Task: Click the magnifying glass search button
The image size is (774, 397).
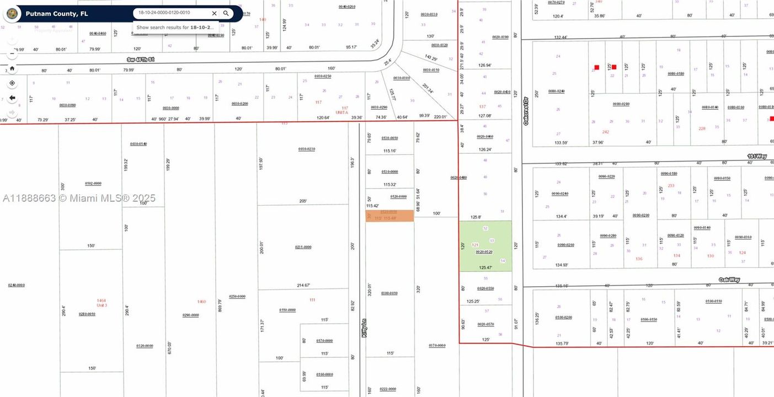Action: pyautogui.click(x=226, y=13)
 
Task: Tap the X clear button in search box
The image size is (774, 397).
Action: pyautogui.click(x=214, y=13)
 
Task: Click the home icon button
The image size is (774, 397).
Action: pyautogui.click(x=12, y=68)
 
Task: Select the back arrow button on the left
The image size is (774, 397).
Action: pyautogui.click(x=12, y=98)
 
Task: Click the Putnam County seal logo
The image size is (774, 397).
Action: pyautogui.click(x=12, y=13)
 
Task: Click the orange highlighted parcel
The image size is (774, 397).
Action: pyautogui.click(x=389, y=216)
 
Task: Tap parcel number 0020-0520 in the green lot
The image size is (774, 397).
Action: pyautogui.click(x=484, y=252)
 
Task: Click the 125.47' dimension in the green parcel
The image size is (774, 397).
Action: pyautogui.click(x=485, y=267)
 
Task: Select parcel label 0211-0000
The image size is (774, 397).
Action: pyautogui.click(x=303, y=247)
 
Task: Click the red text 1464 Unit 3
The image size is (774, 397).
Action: pyautogui.click(x=102, y=303)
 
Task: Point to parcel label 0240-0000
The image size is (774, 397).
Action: pyautogui.click(x=16, y=285)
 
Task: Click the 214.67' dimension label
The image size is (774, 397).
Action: pyautogui.click(x=303, y=285)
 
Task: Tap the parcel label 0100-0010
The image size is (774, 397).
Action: pyautogui.click(x=389, y=293)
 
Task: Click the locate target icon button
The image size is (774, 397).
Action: pyautogui.click(x=12, y=83)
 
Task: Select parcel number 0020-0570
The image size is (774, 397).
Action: pyautogui.click(x=485, y=324)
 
